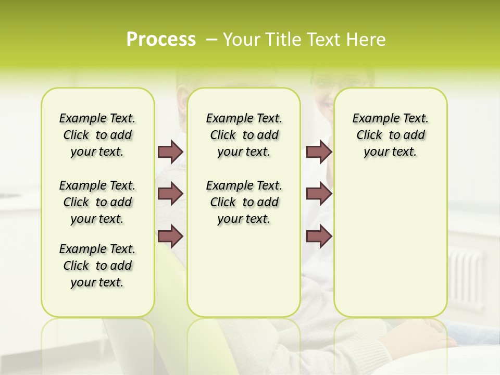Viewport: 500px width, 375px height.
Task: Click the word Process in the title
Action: pyautogui.click(x=161, y=40)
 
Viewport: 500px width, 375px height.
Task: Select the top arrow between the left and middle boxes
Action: pyautogui.click(x=170, y=152)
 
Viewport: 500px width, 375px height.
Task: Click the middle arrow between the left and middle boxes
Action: pyautogui.click(x=170, y=193)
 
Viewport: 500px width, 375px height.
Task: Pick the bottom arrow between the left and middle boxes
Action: pyautogui.click(x=170, y=236)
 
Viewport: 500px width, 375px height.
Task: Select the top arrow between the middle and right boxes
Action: pyautogui.click(x=319, y=152)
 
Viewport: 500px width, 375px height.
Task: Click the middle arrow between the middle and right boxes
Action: pyautogui.click(x=319, y=193)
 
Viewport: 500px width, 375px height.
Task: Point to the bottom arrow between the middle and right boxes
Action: pyautogui.click(x=319, y=236)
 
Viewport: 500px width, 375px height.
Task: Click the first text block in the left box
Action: pyautogui.click(x=97, y=135)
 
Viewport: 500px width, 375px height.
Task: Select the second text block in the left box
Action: pyautogui.click(x=97, y=202)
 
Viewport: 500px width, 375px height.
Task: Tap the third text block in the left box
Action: pyautogui.click(x=97, y=266)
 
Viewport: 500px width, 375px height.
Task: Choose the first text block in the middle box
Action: pyautogui.click(x=244, y=135)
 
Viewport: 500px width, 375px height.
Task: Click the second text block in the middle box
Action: pyautogui.click(x=244, y=202)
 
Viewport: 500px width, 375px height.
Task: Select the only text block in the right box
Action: pyautogui.click(x=390, y=135)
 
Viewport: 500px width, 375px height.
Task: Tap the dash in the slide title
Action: pyautogui.click(x=211, y=40)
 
